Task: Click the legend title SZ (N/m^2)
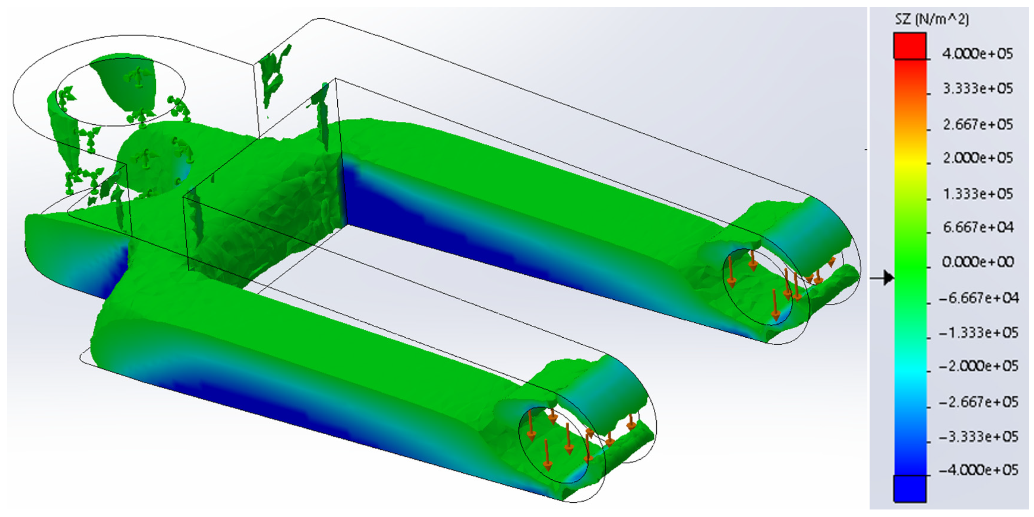click(932, 19)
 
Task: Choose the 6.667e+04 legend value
click(978, 227)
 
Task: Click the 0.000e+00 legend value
click(978, 262)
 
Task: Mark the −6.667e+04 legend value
click(979, 298)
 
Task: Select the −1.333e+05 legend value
click(979, 333)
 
